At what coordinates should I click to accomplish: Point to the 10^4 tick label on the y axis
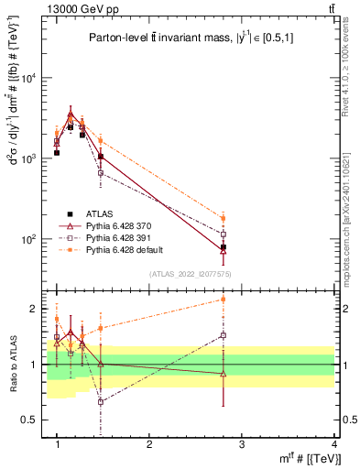[x=32, y=78]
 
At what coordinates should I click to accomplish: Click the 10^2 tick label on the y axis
[x=32, y=239]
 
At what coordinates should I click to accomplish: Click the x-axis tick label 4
[x=333, y=444]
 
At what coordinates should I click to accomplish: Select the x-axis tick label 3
[x=241, y=444]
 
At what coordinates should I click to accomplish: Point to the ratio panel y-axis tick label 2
[x=37, y=309]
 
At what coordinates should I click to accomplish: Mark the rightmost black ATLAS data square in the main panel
[x=224, y=247]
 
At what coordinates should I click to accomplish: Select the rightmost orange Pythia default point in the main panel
[x=224, y=218]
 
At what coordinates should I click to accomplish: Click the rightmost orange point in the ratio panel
[x=224, y=299]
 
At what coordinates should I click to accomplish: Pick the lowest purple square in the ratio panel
[x=100, y=401]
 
